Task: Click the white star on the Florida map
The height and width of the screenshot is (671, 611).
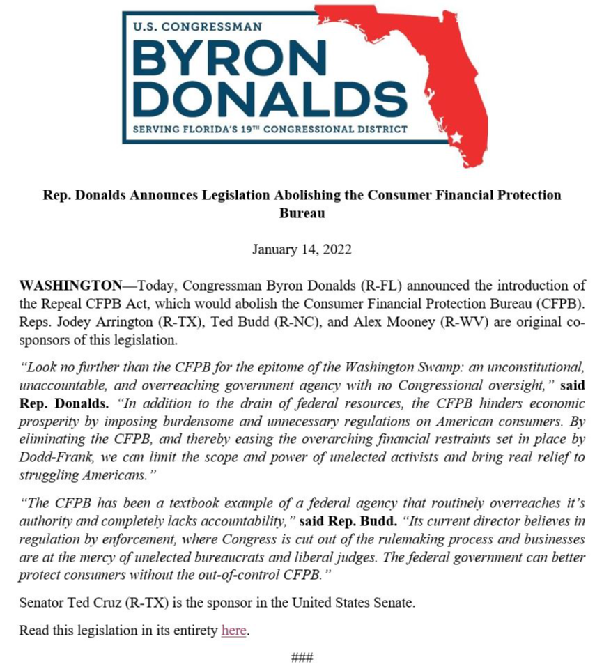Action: [x=456, y=137]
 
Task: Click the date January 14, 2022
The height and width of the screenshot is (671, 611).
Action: [x=302, y=249]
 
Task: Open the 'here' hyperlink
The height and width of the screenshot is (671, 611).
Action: [x=233, y=631]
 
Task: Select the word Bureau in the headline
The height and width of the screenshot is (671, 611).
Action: [x=302, y=213]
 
